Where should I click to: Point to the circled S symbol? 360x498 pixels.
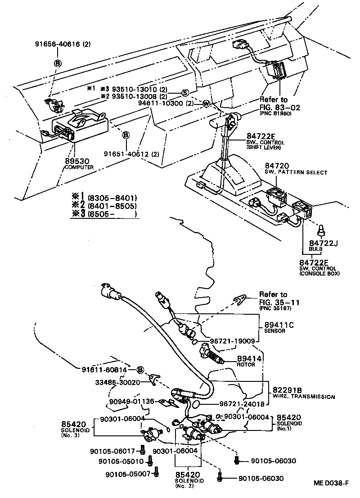click(x=185, y=93)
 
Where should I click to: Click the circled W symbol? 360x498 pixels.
click(x=206, y=103)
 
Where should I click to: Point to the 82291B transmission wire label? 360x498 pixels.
click(x=303, y=393)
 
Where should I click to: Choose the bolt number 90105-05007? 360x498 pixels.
click(x=128, y=474)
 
